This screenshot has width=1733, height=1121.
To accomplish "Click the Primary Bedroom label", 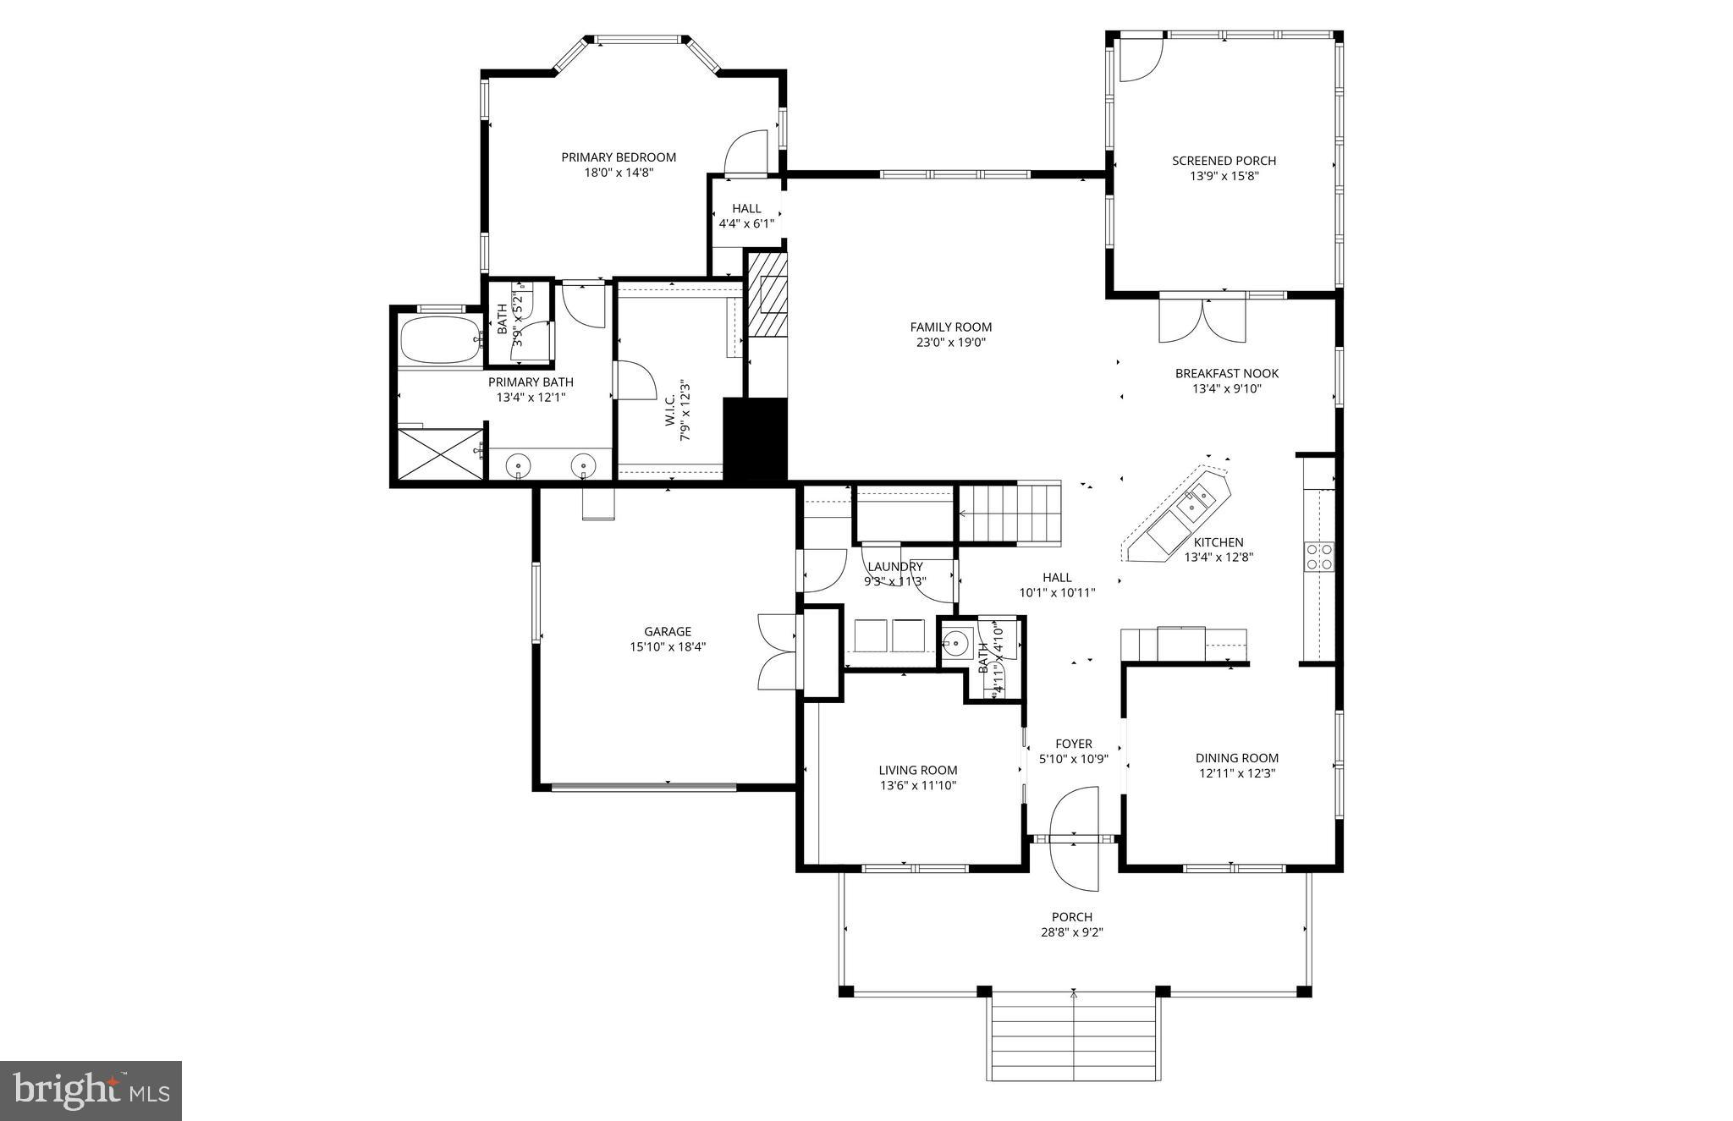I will pyautogui.click(x=619, y=157).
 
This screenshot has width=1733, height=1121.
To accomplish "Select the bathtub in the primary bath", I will pyautogui.click(x=439, y=340).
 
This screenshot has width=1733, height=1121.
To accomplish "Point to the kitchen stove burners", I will pyautogui.click(x=1319, y=556).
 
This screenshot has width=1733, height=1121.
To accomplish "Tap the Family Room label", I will pyautogui.click(x=950, y=327).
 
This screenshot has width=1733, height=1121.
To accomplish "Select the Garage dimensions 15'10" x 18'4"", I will pyautogui.click(x=668, y=646).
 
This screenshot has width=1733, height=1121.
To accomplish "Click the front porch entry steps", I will pyautogui.click(x=1073, y=1036).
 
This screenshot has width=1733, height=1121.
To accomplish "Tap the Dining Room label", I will pyautogui.click(x=1236, y=758).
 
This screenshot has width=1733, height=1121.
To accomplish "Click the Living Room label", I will pyautogui.click(x=917, y=770).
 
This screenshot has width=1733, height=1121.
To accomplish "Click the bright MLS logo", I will pyautogui.click(x=91, y=1091).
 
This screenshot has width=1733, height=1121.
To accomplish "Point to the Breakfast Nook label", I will pyautogui.click(x=1226, y=373).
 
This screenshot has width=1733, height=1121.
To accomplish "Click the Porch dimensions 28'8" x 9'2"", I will pyautogui.click(x=1071, y=932).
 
